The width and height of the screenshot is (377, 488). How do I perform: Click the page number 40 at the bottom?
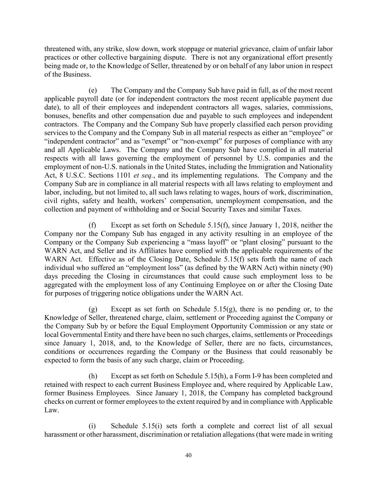coord(189,455)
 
